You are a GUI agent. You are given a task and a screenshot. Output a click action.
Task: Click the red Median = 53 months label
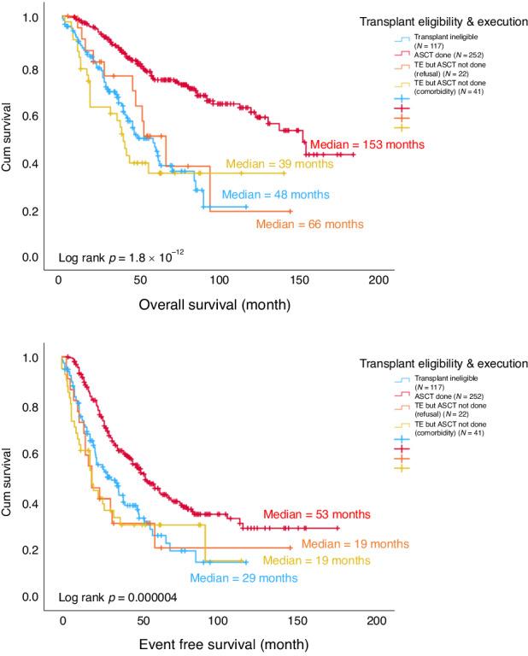(x=316, y=514)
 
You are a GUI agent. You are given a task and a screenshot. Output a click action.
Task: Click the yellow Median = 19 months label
(x=316, y=561)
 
